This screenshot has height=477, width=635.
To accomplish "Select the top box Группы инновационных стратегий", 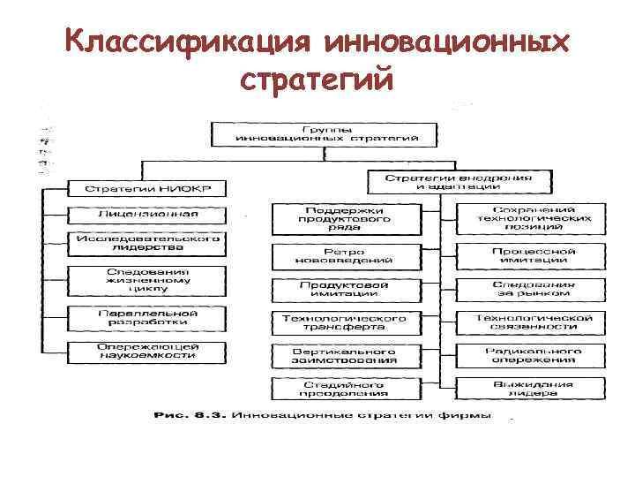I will point(324,133).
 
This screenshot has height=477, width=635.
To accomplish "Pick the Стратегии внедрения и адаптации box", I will point(458,181).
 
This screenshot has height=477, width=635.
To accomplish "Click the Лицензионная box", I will point(148,214).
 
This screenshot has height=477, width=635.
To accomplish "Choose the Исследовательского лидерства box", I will point(147,243).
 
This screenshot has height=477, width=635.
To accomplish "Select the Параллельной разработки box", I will point(148,318).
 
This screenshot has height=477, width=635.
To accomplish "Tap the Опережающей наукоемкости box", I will point(148,350).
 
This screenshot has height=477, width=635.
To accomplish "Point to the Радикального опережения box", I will point(530,355).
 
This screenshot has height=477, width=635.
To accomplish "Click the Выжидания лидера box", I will point(530,389).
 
